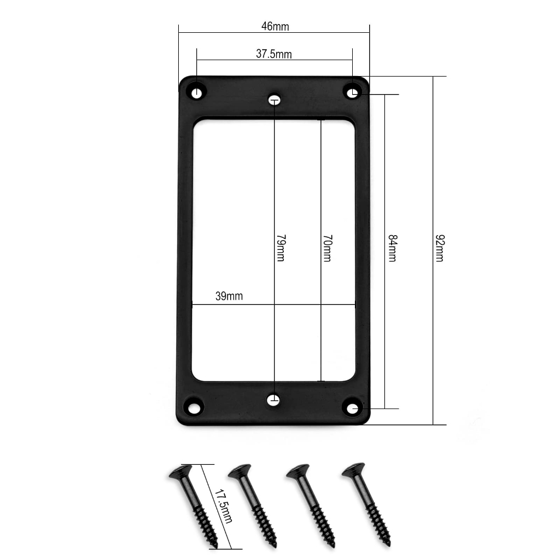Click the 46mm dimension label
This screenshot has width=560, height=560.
pos(275,26)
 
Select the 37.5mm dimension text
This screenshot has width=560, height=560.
pos(274,54)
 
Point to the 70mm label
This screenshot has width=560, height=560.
pos(328,248)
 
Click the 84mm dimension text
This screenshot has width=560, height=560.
pos(393,248)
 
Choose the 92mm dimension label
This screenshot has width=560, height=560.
pos(440,248)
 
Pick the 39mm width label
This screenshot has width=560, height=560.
pos(229,296)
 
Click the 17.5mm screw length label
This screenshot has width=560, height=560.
pos(223,506)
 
